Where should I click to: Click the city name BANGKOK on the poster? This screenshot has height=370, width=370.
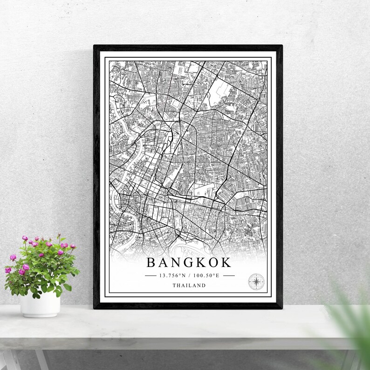189,262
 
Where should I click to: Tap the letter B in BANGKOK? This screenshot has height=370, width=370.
151,262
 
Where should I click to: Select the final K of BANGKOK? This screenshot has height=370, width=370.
226,262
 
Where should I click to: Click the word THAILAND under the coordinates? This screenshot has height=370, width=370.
189,286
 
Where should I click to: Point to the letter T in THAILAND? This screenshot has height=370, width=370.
174,286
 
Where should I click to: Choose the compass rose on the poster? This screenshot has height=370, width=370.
256,281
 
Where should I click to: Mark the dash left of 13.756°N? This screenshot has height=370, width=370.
151,275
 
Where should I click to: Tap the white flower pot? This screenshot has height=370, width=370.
40,305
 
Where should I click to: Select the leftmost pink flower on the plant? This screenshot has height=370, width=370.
8,270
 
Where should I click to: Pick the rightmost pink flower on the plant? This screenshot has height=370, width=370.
73,247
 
